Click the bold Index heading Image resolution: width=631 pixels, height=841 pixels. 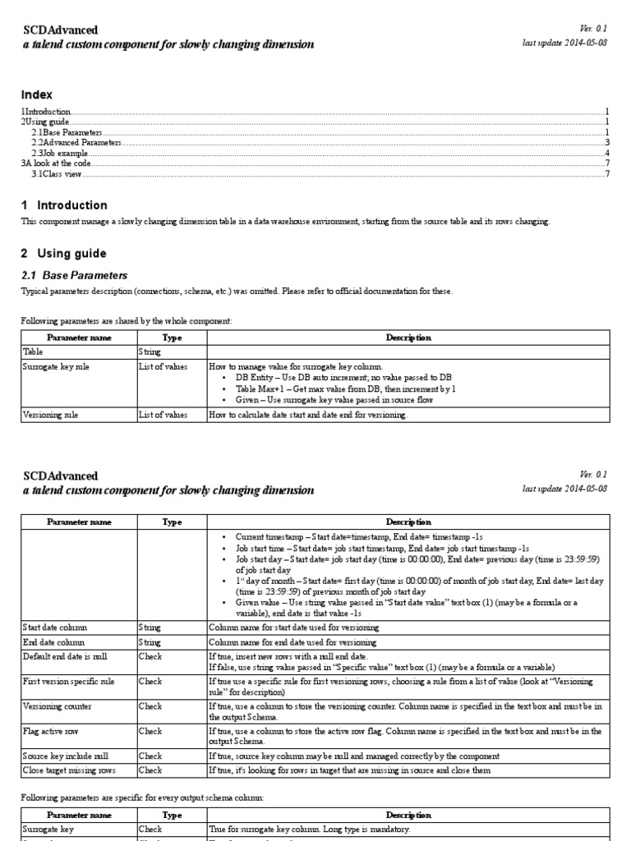(36, 94)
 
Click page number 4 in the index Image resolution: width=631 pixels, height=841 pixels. (606, 154)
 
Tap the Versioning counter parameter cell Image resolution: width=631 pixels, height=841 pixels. (57, 705)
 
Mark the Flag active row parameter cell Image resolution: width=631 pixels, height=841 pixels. (50, 730)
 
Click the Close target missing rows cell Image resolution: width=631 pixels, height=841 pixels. (68, 770)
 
